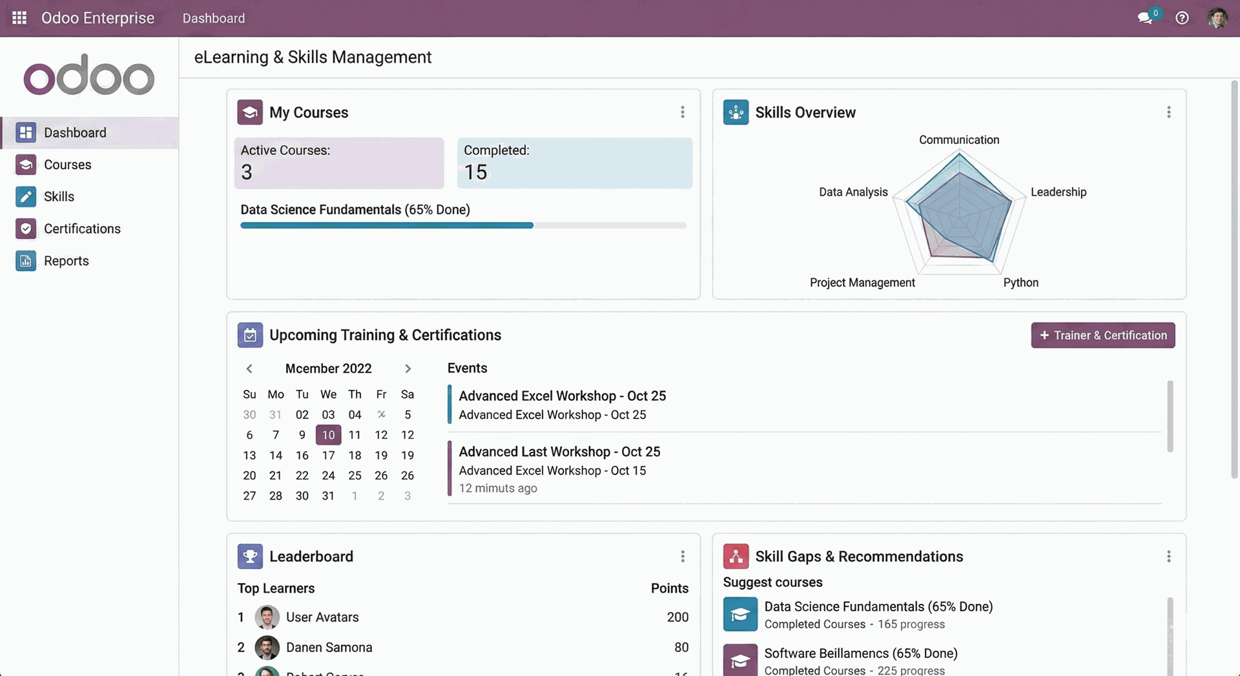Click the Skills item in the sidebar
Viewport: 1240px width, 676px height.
pyautogui.click(x=59, y=196)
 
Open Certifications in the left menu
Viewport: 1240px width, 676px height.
pyautogui.click(x=82, y=229)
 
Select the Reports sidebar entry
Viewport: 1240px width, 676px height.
pyautogui.click(x=66, y=261)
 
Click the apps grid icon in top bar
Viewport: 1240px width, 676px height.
pyautogui.click(x=19, y=18)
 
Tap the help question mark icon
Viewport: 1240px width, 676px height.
pyautogui.click(x=1182, y=18)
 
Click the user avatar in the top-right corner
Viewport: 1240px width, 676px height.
pyautogui.click(x=1217, y=18)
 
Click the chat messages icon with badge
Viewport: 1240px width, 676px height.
pyautogui.click(x=1146, y=18)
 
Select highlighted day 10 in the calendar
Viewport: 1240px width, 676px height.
pyautogui.click(x=328, y=435)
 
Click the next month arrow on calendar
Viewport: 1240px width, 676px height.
pyautogui.click(x=408, y=369)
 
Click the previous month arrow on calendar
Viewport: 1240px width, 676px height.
pyautogui.click(x=249, y=369)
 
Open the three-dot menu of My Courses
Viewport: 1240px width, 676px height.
pyautogui.click(x=682, y=112)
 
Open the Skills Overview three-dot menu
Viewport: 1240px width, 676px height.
pyautogui.click(x=1168, y=112)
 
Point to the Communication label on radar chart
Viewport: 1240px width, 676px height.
pyautogui.click(x=959, y=140)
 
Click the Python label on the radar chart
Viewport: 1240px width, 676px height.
pyautogui.click(x=1020, y=283)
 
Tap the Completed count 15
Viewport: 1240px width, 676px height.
pyautogui.click(x=476, y=172)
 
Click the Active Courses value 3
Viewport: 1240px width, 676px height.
pyautogui.click(x=247, y=172)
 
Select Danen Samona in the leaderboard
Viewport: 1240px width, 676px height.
pyautogui.click(x=329, y=648)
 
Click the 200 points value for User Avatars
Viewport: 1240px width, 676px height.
pyautogui.click(x=677, y=617)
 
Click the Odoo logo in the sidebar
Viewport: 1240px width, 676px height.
pyautogui.click(x=89, y=76)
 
